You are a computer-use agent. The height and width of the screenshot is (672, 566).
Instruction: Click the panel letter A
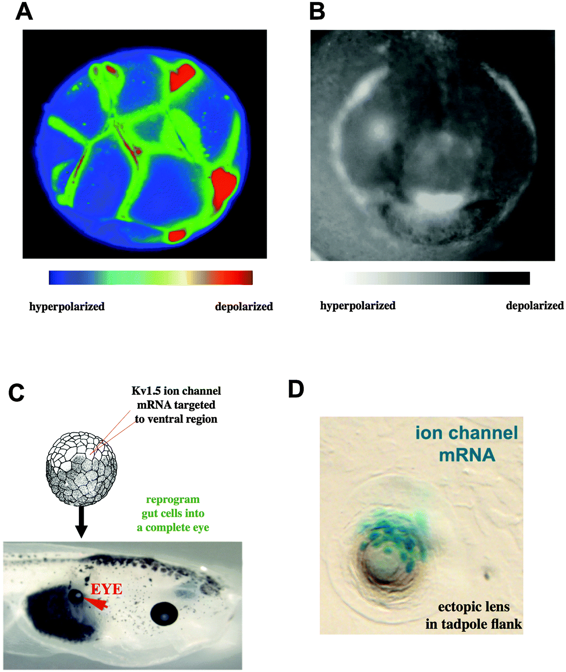click(24, 12)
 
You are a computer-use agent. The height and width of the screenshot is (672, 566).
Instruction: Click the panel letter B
click(317, 12)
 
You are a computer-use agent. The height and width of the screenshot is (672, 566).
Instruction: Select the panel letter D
click(296, 389)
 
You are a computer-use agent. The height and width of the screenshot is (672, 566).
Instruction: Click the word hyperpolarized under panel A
click(67, 306)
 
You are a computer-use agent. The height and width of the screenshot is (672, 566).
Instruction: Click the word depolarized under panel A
click(244, 306)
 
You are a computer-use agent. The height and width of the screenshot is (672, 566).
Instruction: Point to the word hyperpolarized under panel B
click(358, 305)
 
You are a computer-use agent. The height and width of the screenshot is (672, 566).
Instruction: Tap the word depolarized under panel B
click(535, 305)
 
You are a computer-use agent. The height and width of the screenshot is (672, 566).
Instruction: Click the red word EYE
click(106, 589)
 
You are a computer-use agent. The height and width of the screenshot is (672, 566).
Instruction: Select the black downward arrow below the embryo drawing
click(81, 523)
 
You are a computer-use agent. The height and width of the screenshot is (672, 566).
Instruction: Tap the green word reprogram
click(173, 499)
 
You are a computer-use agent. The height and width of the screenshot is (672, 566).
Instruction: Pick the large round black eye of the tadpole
click(164, 614)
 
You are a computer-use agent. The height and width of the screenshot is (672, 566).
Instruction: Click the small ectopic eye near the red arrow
click(76, 597)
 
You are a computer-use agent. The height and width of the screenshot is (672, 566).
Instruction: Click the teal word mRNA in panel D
click(467, 455)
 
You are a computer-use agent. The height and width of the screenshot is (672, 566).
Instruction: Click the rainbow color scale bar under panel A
click(150, 278)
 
